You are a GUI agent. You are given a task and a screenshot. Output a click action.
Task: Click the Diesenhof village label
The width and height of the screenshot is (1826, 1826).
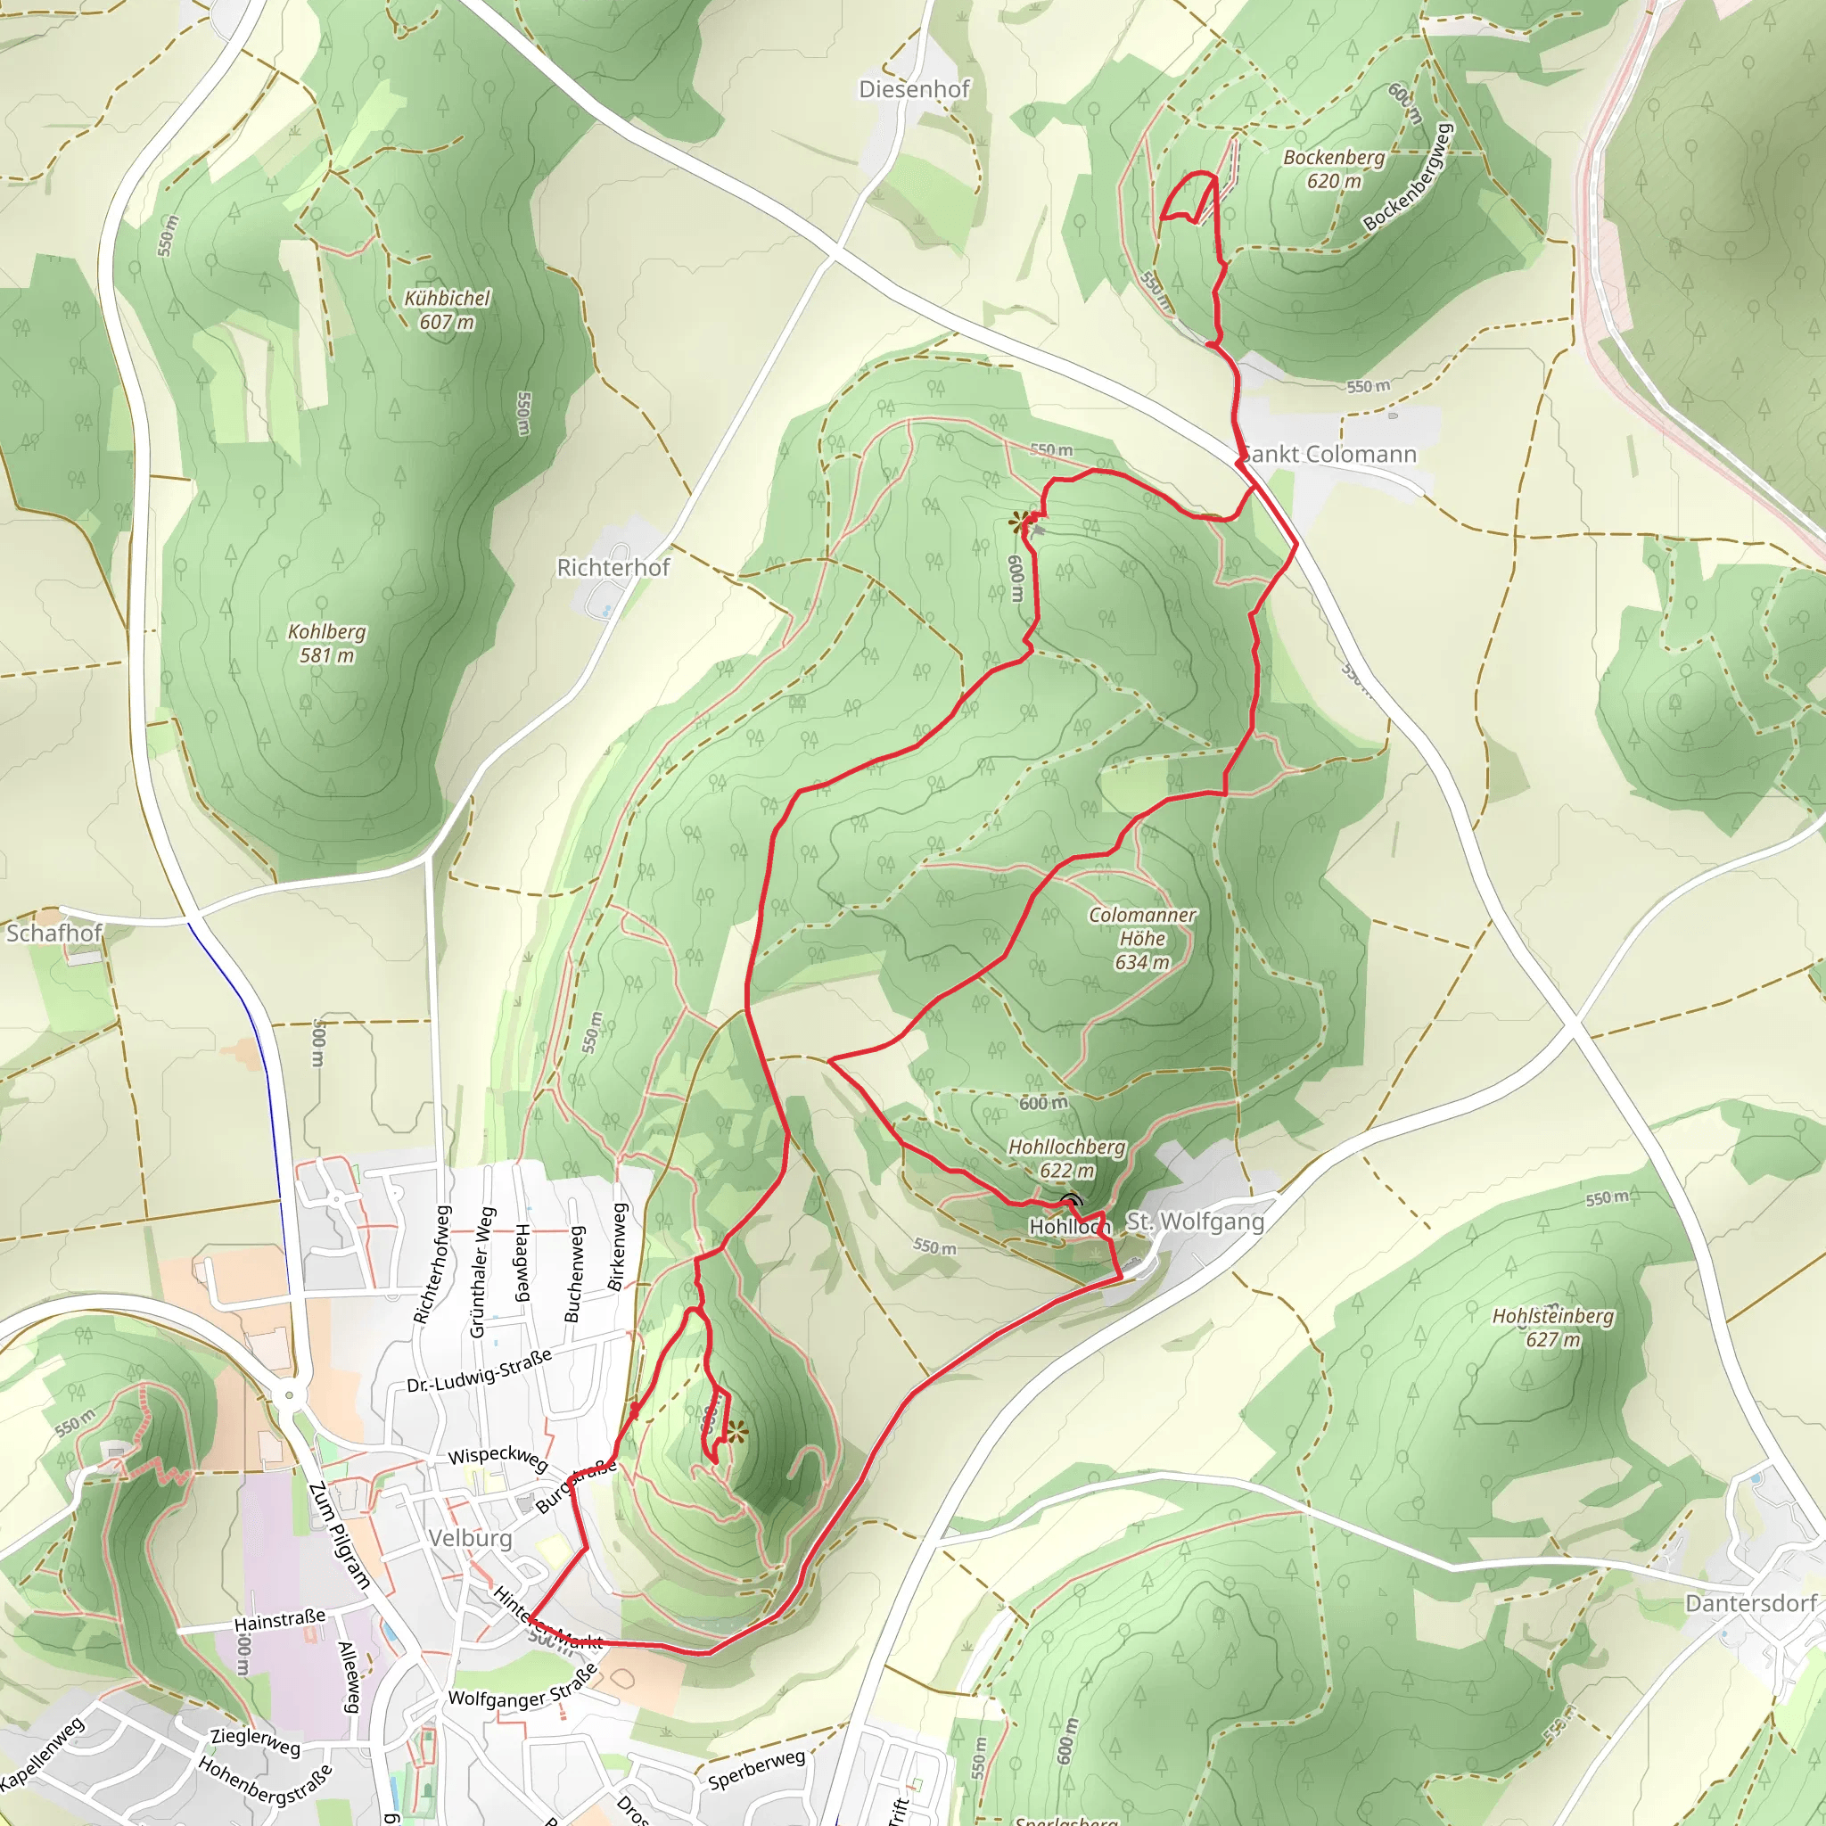pyautogui.click(x=914, y=90)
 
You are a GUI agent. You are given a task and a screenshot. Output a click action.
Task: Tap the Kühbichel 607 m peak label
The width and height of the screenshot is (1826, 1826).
pyautogui.click(x=447, y=310)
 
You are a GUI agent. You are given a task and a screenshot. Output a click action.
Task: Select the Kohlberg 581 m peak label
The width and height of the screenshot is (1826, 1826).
pyautogui.click(x=326, y=643)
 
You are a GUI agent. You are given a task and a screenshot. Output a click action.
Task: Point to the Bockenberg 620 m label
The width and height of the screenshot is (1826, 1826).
pyautogui.click(x=1334, y=169)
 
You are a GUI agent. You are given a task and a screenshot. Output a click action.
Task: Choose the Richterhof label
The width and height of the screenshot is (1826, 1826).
pyautogui.click(x=613, y=568)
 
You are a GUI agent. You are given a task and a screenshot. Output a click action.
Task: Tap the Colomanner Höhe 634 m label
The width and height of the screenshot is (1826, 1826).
pyautogui.click(x=1142, y=939)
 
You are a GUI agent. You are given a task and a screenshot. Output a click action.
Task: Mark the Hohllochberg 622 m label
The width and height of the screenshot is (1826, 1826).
pyautogui.click(x=1067, y=1158)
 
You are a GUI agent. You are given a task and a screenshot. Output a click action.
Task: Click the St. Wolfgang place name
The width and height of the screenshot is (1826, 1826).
pyautogui.click(x=1195, y=1222)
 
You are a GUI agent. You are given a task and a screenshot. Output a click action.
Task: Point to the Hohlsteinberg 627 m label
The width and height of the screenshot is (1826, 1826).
pyautogui.click(x=1553, y=1327)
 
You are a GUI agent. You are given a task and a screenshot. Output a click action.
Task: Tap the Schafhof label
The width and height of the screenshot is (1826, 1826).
pyautogui.click(x=53, y=933)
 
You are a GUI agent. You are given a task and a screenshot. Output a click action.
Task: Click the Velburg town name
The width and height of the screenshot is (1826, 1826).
pyautogui.click(x=470, y=1538)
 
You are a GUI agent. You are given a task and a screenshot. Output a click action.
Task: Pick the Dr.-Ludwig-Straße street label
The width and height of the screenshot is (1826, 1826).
pyautogui.click(x=479, y=1370)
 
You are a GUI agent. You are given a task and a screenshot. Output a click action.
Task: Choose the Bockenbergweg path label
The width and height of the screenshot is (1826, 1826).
pyautogui.click(x=1407, y=177)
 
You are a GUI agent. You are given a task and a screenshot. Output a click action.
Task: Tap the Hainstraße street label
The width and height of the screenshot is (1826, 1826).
pyautogui.click(x=279, y=1620)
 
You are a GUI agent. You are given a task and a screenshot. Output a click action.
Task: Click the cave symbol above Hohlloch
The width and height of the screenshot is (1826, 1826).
pyautogui.click(x=1071, y=1200)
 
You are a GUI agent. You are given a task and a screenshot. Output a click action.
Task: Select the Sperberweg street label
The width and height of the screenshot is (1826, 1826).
pyautogui.click(x=756, y=1769)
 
